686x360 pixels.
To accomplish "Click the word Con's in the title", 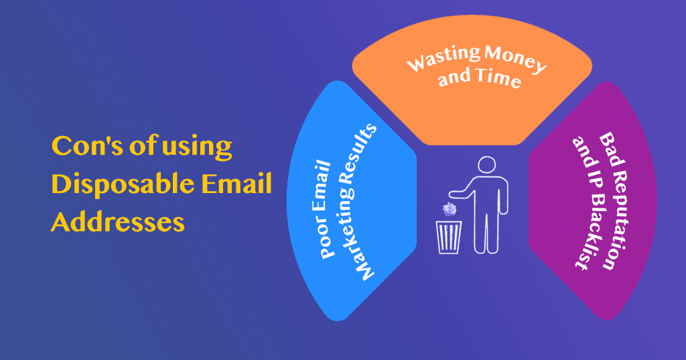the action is [x=86, y=145].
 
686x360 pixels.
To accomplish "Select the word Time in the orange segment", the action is [x=498, y=78].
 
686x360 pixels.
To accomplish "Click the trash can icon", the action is [x=449, y=237].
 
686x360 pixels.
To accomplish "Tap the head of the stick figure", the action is [x=486, y=166].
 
